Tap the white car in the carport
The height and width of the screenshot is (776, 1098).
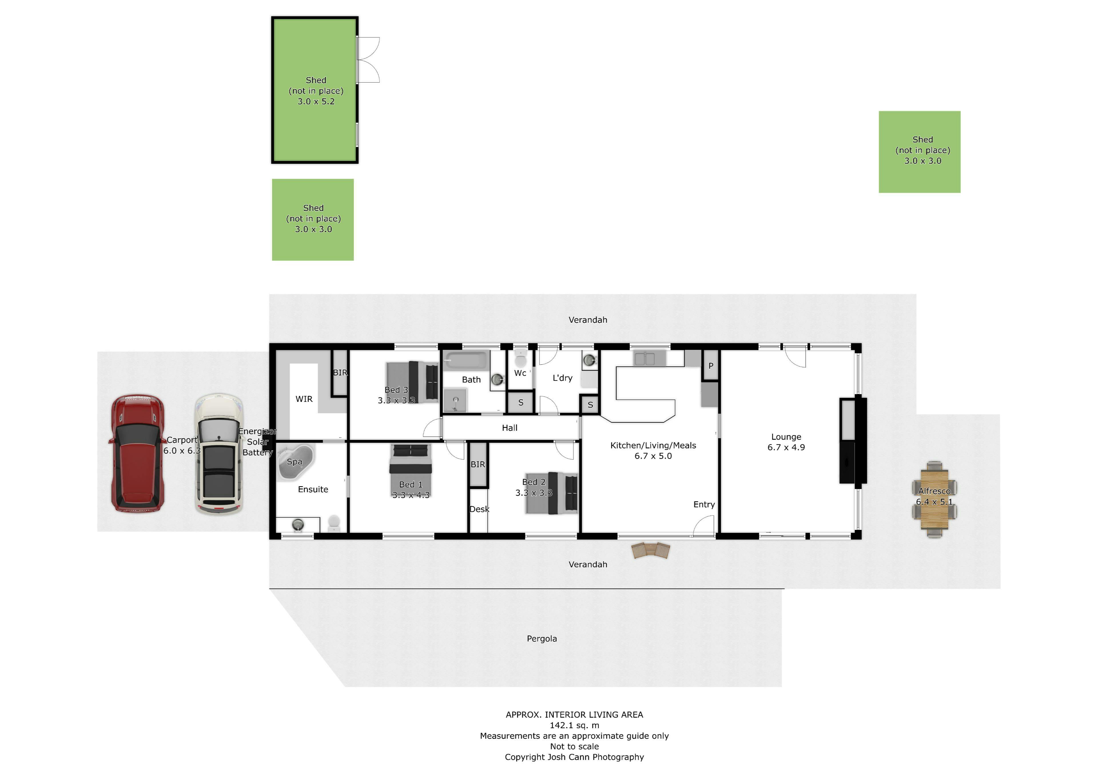click(219, 454)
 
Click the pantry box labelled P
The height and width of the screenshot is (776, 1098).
click(711, 365)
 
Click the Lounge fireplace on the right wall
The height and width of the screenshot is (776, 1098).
click(853, 440)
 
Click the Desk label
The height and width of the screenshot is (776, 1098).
click(479, 509)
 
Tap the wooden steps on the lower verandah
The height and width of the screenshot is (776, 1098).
click(651, 551)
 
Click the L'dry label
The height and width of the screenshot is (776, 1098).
click(562, 378)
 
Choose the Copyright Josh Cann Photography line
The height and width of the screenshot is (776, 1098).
click(574, 757)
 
